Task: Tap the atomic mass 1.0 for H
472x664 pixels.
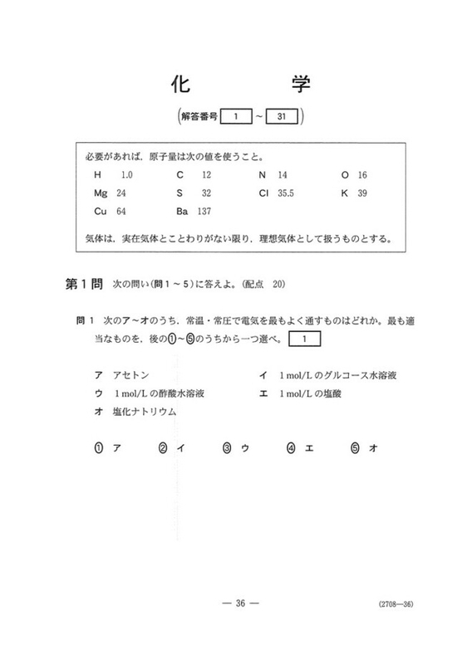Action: (x=126, y=176)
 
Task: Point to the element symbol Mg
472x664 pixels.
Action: (x=101, y=193)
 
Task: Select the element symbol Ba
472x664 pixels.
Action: (x=183, y=212)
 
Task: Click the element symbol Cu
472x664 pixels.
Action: (x=101, y=212)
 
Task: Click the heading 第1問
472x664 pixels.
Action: (x=83, y=284)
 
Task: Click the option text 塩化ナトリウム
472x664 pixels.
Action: (x=146, y=412)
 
